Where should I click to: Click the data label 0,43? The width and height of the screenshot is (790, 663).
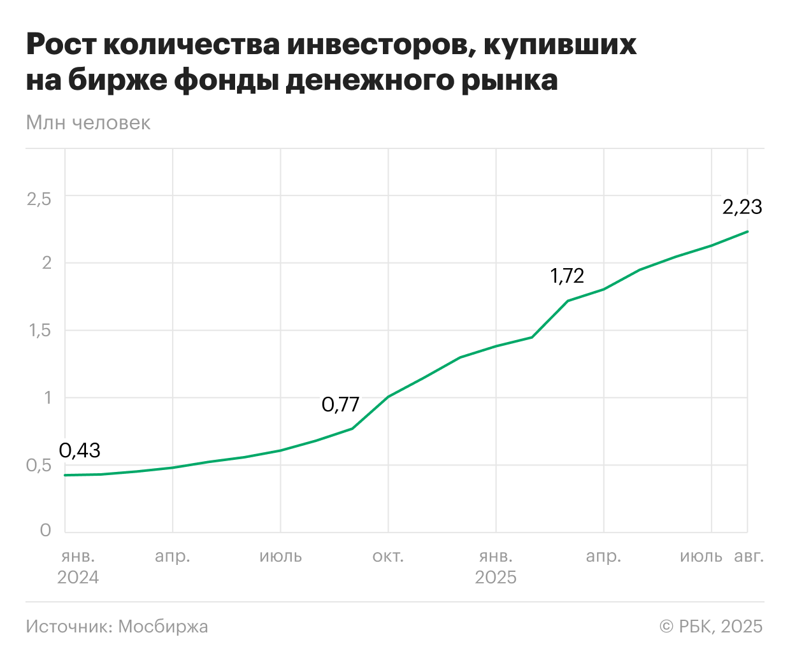click(80, 450)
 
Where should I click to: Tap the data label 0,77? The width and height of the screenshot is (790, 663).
click(340, 404)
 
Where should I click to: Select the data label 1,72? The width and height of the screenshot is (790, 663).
click(567, 276)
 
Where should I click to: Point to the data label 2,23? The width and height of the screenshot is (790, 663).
click(742, 207)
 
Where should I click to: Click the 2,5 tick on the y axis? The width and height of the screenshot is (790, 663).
click(39, 199)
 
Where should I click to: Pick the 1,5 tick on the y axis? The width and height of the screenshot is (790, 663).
click(39, 331)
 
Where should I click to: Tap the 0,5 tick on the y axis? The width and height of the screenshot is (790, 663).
click(39, 466)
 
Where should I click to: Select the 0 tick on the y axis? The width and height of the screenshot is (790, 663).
click(45, 531)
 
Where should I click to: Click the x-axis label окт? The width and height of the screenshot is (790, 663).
click(388, 557)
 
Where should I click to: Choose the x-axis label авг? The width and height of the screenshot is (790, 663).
click(749, 557)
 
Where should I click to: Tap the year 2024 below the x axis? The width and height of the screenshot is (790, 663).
click(78, 578)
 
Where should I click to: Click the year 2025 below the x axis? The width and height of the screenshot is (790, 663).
click(496, 578)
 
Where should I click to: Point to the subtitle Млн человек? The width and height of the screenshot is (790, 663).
click(88, 123)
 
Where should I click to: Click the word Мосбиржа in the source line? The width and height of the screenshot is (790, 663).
click(163, 627)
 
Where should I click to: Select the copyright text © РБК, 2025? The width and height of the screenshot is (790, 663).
click(711, 627)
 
